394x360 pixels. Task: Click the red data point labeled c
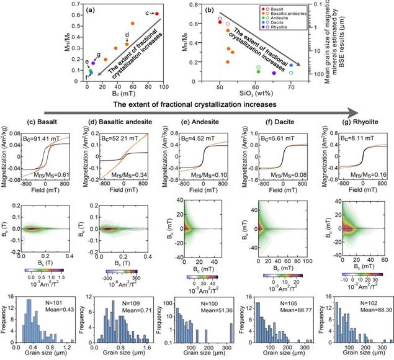[157, 13]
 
